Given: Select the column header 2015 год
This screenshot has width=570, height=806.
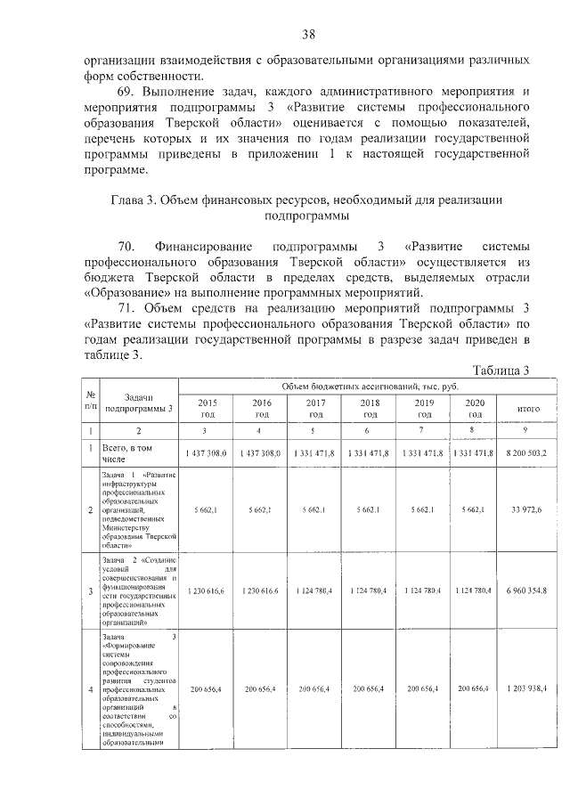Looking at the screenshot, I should click(207, 408).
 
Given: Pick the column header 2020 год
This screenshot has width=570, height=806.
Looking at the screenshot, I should click(475, 408).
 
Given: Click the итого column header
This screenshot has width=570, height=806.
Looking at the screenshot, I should click(529, 409).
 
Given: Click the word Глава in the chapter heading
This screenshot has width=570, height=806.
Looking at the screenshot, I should click(128, 200).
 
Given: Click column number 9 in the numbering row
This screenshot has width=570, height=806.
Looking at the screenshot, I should click(529, 431).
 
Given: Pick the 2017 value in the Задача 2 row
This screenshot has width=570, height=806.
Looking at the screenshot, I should click(316, 590).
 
